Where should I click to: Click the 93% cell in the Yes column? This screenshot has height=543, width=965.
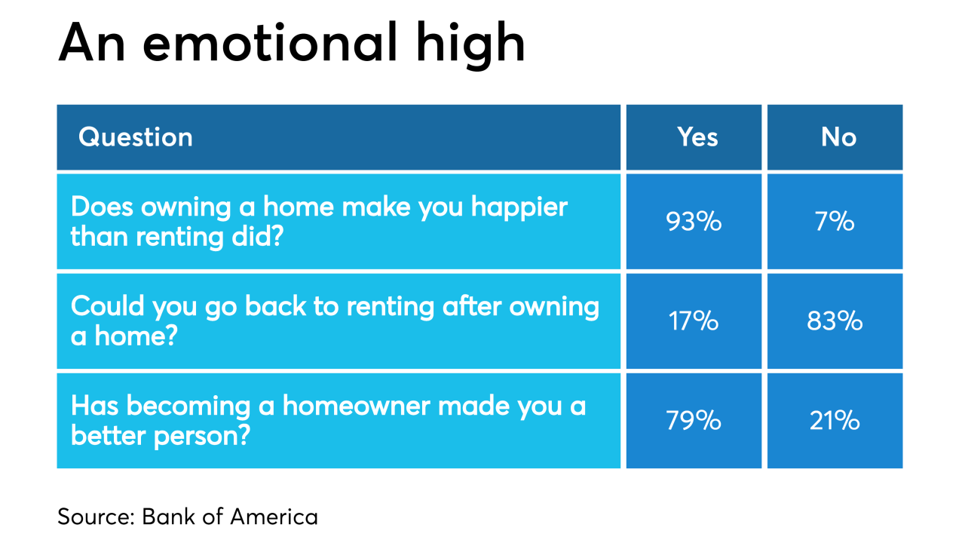click(x=694, y=222)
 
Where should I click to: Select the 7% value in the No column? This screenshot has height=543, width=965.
click(x=835, y=222)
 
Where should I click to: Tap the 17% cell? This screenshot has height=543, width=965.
click(x=694, y=321)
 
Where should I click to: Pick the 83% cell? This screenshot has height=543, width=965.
click(x=835, y=321)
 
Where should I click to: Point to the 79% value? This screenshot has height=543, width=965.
click(x=694, y=421)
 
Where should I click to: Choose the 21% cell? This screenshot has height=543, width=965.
click(x=835, y=421)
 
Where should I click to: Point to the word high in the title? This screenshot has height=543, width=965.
click(x=470, y=45)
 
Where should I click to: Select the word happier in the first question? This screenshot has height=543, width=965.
click(x=519, y=207)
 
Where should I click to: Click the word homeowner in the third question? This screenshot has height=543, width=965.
click(x=357, y=406)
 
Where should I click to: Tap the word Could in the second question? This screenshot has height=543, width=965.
click(x=107, y=306)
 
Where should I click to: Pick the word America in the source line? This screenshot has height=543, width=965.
click(x=274, y=517)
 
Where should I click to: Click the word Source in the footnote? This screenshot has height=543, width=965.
click(x=96, y=517)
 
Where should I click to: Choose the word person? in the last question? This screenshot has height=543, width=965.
click(x=201, y=437)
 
